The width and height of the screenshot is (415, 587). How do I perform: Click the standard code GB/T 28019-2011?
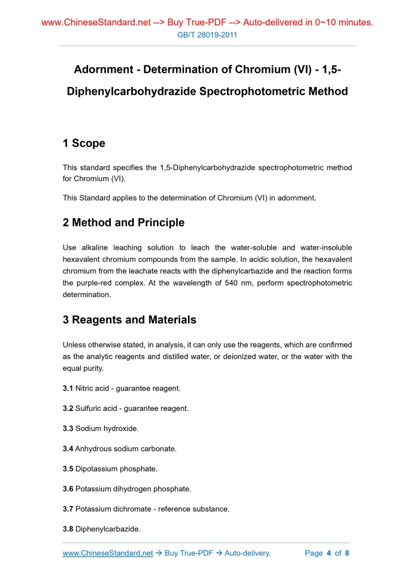207,35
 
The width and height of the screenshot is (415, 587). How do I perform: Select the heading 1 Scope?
84,143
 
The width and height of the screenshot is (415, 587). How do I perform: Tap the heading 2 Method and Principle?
123,223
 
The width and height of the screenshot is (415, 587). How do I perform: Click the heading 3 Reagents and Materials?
129,320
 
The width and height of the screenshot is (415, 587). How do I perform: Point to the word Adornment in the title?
102,69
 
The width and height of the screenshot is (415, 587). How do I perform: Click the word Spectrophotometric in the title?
252,92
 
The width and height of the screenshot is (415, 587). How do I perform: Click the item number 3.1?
68,389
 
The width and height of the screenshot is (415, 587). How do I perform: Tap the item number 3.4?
68,449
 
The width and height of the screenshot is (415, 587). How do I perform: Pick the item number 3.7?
68,509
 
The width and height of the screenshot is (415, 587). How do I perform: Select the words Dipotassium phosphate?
116,469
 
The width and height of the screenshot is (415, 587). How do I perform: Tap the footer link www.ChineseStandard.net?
108,553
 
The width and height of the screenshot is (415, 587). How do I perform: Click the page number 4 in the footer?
329,553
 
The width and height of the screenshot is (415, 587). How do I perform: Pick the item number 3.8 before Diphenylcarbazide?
68,529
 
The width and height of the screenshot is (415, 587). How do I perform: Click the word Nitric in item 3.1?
85,389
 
